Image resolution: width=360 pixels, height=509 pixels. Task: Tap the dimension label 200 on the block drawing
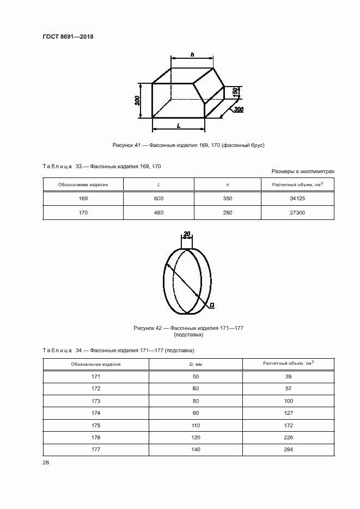[138, 101]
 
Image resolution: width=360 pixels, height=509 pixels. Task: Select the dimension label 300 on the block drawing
[238, 110]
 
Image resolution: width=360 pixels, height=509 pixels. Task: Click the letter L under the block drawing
[179, 125]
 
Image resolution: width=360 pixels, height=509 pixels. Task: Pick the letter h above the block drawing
[193, 54]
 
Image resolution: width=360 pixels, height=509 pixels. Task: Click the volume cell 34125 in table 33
[297, 199]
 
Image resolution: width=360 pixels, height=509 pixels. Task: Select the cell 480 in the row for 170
[158, 212]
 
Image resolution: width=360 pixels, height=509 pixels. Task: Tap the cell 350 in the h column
[228, 199]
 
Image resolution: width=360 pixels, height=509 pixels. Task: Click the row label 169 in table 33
[83, 199]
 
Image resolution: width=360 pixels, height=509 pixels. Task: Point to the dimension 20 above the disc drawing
[187, 234]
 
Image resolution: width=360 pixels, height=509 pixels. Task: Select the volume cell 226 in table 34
[289, 437]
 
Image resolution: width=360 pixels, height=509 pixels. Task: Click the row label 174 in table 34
[96, 413]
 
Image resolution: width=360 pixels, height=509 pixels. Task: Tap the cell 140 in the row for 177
[196, 449]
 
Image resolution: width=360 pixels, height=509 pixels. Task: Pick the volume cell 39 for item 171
[289, 377]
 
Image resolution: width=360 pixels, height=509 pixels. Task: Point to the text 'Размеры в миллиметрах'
[302, 171]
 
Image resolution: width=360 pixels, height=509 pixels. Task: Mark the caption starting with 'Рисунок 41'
[188, 145]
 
